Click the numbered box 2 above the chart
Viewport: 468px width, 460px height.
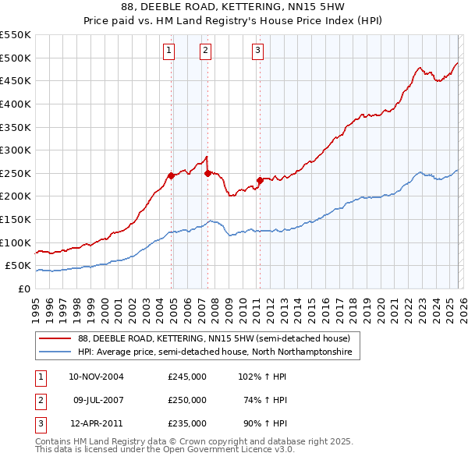coord(205,51)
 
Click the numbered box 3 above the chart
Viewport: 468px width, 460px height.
coord(257,51)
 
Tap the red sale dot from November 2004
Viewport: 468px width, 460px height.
coord(171,175)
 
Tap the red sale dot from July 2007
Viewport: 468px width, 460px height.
coord(207,173)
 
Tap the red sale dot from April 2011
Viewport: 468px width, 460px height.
coord(260,180)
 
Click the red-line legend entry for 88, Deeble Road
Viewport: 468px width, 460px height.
coord(218,338)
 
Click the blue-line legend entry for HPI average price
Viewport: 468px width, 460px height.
coord(214,352)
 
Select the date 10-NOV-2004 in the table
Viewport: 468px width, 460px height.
coord(96,377)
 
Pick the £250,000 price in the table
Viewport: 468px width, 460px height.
coord(186,400)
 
